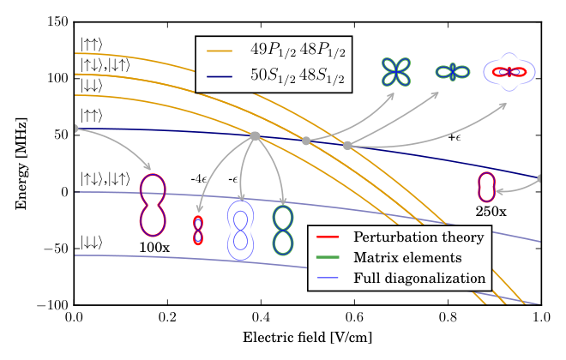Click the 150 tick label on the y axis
[57, 21]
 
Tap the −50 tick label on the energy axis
[56, 249]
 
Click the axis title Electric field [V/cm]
[307, 338]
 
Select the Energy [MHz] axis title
[21, 164]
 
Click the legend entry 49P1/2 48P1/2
[276, 51]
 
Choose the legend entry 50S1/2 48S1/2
[276, 76]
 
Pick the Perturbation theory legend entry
[400, 237]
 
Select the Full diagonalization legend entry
[400, 278]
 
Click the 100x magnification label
[154, 248]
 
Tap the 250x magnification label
[491, 212]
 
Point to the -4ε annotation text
[199, 179]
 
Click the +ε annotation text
[455, 137]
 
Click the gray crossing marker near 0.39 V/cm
[255, 136]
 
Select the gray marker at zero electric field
[75, 129]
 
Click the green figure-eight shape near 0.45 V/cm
[283, 230]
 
